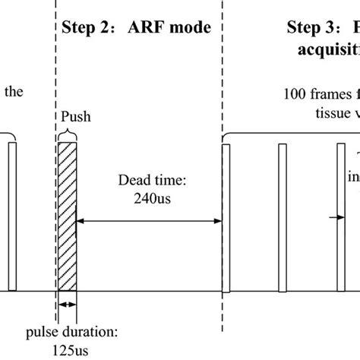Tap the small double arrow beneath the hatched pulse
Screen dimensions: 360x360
point(68,305)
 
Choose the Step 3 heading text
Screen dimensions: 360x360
point(319,30)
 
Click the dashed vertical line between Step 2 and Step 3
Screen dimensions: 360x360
point(222,76)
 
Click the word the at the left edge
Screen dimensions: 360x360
point(14,93)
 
